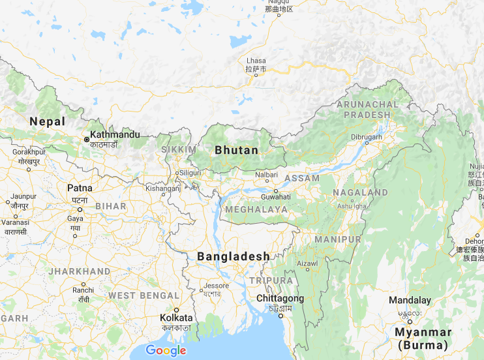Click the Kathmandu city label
click(114, 134)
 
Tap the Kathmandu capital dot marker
click(86, 139)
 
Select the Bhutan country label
click(237, 150)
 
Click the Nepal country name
click(48, 121)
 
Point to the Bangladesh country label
click(234, 256)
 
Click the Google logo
click(166, 350)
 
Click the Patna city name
click(80, 188)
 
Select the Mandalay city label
click(410, 301)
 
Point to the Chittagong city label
click(280, 298)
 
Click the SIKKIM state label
click(179, 150)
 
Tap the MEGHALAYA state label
click(256, 209)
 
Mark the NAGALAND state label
click(361, 193)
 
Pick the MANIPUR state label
click(337, 239)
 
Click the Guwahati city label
click(275, 196)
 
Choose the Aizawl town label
click(307, 263)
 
